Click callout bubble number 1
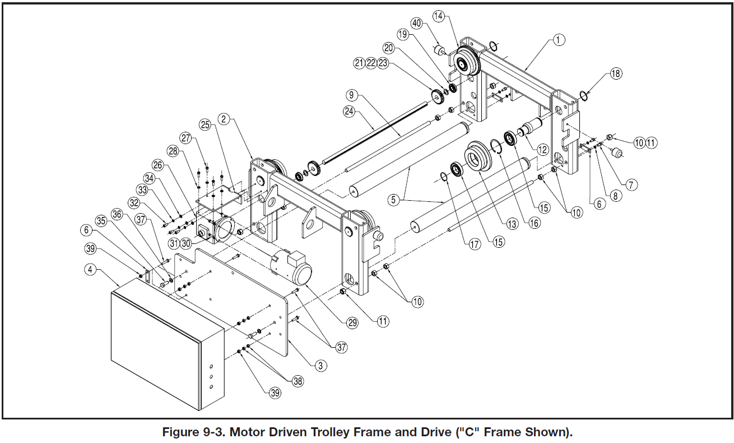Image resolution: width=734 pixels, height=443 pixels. (559, 40)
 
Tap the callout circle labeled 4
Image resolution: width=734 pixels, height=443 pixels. (90, 269)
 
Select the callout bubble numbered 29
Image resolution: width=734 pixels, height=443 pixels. (352, 322)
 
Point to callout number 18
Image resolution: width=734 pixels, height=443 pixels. (616, 73)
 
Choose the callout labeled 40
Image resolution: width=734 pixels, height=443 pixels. (416, 24)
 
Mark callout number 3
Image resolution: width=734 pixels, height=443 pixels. (320, 366)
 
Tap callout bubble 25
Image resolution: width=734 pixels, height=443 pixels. (205, 124)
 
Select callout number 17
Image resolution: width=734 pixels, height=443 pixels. (475, 245)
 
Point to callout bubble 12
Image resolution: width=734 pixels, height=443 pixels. (542, 150)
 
